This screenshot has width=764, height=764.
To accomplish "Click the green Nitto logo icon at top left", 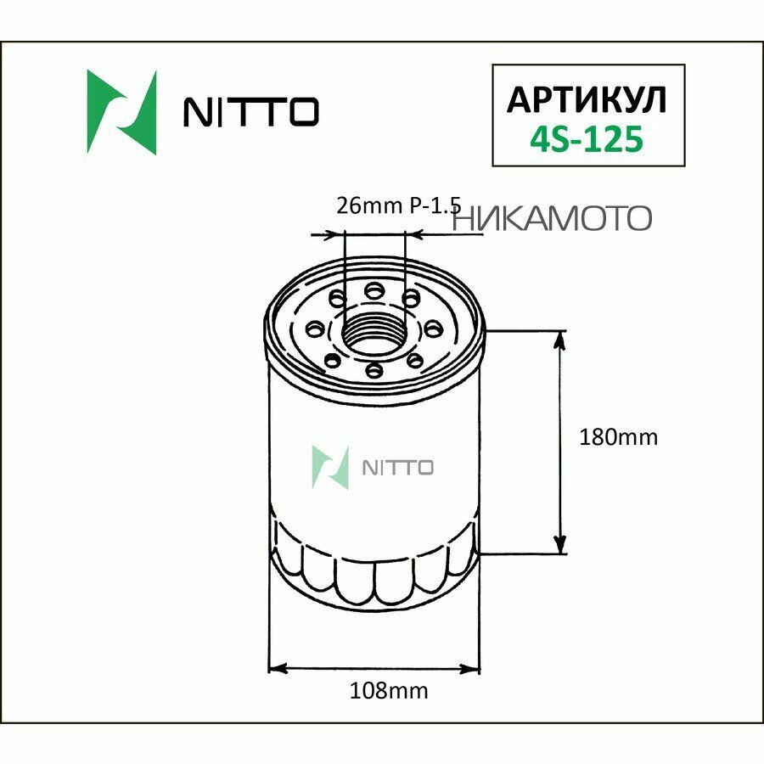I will click(x=121, y=111).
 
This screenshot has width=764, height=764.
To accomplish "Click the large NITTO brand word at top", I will click(x=252, y=112).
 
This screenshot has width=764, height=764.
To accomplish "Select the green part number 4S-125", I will click(x=586, y=139).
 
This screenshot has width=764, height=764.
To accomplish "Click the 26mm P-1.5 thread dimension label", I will click(x=398, y=205).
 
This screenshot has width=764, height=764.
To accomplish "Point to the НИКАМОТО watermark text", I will click(x=553, y=218).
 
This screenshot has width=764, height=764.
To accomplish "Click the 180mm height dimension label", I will click(x=617, y=437).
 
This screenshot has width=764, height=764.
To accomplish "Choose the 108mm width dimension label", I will click(x=390, y=690).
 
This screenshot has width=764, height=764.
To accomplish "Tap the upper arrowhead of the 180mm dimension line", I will click(x=560, y=340).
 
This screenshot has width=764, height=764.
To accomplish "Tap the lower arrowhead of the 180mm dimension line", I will click(x=560, y=546).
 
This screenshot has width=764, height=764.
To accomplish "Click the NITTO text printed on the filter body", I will click(x=398, y=468).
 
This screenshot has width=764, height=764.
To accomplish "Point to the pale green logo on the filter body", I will click(x=331, y=468).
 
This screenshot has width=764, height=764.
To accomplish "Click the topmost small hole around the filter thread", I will click(x=373, y=291).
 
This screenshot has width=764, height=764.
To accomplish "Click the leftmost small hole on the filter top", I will click(x=316, y=329).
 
